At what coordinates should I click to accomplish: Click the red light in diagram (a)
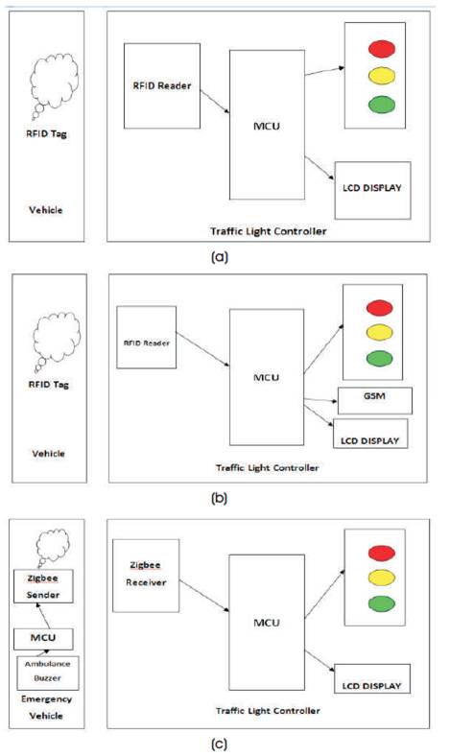382,49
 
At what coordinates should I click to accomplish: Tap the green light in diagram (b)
379,359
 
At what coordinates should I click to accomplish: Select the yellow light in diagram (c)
382,578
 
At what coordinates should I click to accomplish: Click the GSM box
375,401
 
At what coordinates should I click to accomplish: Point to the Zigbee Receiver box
146,576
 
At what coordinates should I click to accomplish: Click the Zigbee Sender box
43,586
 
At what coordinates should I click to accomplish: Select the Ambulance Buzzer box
47,673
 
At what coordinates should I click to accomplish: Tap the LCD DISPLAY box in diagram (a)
372,191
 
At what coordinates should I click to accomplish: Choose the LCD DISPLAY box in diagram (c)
372,679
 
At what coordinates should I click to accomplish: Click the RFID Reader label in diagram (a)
162,85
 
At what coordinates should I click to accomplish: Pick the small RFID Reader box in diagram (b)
146,338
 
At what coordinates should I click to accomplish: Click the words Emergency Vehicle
46,707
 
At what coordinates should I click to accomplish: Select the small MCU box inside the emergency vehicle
43,638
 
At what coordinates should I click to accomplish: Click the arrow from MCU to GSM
320,400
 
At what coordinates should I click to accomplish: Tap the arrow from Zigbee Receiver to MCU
204,596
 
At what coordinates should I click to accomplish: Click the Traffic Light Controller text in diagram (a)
268,231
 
